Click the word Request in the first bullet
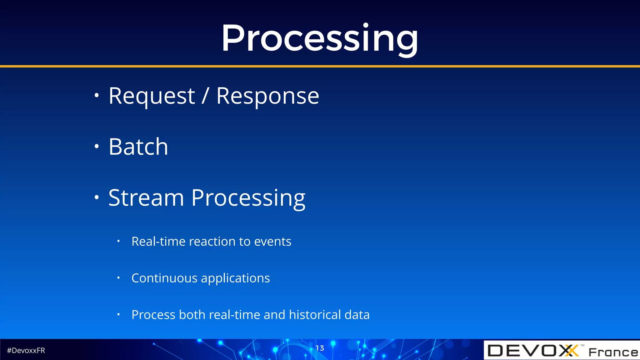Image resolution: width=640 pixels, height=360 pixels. [x=152, y=96]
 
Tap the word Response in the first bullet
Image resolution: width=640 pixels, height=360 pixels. [x=267, y=96]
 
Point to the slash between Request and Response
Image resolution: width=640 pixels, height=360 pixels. [x=205, y=96]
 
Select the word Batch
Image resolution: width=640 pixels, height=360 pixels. [x=138, y=147]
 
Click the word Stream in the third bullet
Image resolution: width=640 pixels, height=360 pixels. [x=146, y=198]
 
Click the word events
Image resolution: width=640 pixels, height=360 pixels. [x=272, y=242]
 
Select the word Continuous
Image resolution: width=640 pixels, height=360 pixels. [x=164, y=278]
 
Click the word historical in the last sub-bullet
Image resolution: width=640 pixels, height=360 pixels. [x=315, y=315]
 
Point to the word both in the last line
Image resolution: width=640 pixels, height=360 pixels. [x=192, y=315]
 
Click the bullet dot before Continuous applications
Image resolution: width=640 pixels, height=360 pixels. [x=118, y=277]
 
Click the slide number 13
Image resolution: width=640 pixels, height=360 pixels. [x=320, y=348]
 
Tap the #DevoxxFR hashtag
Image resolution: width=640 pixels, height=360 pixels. [x=26, y=351]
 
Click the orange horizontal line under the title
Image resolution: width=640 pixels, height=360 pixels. [x=320, y=66]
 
